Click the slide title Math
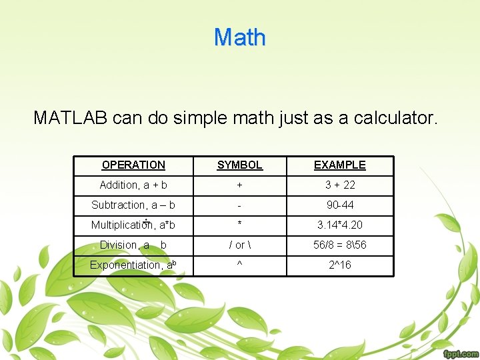240,37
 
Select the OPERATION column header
133,165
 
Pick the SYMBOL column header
240,165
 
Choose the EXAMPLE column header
340,165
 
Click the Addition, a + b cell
133,185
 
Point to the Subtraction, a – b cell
133,205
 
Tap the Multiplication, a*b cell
133,225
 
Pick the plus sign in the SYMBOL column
240,185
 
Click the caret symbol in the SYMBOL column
240,265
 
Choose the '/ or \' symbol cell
240,245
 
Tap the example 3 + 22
340,185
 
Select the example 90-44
340,205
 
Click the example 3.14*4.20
340,225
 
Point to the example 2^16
340,265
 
